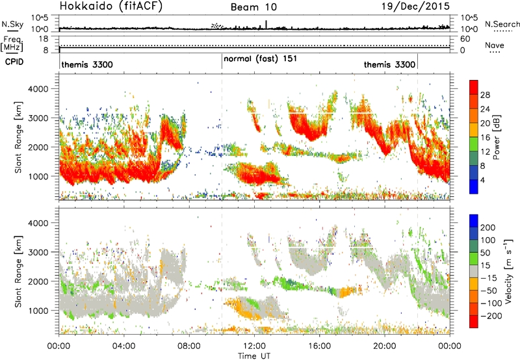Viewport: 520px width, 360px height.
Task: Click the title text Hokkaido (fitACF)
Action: [x=111, y=6]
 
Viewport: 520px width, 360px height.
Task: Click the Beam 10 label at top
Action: [x=253, y=7]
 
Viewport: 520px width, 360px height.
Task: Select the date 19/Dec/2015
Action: [x=415, y=6]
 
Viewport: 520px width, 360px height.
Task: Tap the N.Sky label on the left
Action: [x=12, y=24]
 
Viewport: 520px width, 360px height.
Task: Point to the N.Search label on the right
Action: [x=502, y=24]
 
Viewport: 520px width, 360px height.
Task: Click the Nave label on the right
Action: [x=495, y=45]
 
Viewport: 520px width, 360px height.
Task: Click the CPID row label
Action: [x=14, y=62]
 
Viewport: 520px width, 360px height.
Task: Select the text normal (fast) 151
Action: [x=261, y=59]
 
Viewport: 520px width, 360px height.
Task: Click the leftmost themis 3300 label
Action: [x=87, y=64]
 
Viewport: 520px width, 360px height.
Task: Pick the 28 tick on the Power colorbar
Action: [x=485, y=95]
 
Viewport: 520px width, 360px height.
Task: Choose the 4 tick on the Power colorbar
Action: [x=483, y=180]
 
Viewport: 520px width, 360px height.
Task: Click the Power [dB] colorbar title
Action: [x=496, y=137]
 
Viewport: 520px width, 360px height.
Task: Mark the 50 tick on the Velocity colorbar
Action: [x=485, y=253]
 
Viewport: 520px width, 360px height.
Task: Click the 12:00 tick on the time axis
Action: [x=254, y=346]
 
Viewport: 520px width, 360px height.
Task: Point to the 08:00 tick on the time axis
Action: [x=189, y=346]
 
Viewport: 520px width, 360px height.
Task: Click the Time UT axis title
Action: [x=254, y=356]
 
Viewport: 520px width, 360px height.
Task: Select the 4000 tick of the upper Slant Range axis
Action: [x=39, y=89]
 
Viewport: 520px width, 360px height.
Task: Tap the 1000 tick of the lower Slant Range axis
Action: [x=39, y=311]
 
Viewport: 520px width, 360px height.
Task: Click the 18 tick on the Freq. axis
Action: [x=44, y=39]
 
